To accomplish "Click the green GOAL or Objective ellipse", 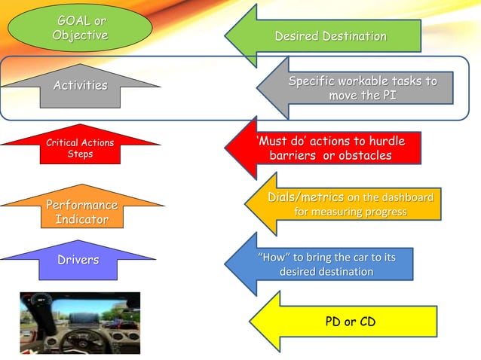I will pos(81,29).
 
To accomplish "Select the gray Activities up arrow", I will pos(80,86).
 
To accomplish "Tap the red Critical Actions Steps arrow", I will pos(80,148).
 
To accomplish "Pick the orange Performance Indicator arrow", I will pos(80,212).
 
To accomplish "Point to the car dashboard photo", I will pos(80,322).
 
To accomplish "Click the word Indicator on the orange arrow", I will pos(81,219).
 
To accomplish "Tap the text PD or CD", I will pos(350,322).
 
